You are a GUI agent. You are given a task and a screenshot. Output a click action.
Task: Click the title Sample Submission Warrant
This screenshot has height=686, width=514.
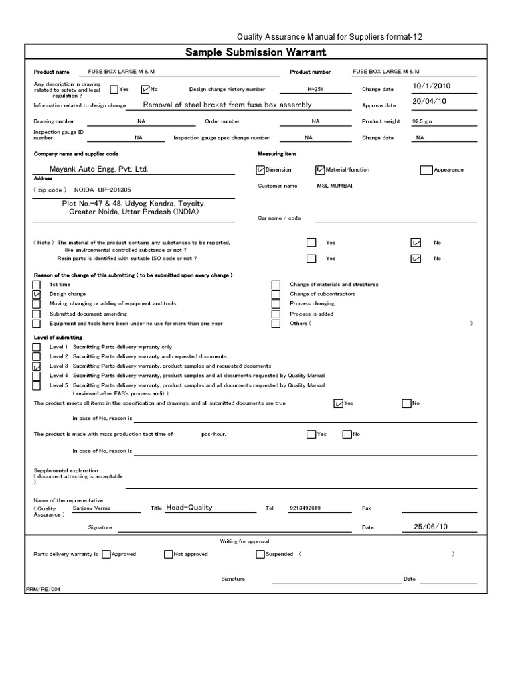[x=255, y=53]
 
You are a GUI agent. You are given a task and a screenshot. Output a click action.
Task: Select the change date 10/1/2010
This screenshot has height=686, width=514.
[x=433, y=86]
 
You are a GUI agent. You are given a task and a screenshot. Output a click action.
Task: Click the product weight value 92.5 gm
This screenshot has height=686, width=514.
[x=423, y=121]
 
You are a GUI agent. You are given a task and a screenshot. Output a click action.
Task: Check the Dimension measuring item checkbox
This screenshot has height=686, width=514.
[x=260, y=170]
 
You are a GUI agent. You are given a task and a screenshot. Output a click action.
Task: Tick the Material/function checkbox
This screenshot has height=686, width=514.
[x=320, y=170]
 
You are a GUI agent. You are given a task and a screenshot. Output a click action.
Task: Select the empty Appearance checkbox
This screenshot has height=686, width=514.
[x=426, y=170]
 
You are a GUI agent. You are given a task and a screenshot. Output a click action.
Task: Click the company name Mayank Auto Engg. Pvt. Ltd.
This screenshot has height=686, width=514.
[x=98, y=169]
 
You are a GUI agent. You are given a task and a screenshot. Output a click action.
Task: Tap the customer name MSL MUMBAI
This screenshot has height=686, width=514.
[x=335, y=186]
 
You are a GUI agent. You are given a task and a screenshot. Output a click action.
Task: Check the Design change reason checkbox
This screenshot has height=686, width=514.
[x=37, y=294]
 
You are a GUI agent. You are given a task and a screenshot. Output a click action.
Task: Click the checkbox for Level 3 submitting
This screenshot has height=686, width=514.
[x=37, y=366]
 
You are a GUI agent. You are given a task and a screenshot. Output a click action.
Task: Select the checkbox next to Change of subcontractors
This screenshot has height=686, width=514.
[x=276, y=294]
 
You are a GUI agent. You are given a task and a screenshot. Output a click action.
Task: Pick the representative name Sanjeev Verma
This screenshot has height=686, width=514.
[x=92, y=508]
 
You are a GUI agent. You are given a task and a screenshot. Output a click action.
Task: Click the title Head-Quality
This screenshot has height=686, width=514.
[x=189, y=508]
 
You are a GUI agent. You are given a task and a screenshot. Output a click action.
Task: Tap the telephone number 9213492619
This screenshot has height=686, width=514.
[x=305, y=508]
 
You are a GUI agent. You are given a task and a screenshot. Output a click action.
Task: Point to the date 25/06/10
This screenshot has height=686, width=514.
[x=430, y=527]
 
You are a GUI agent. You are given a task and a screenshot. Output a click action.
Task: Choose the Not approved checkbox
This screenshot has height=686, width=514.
[x=168, y=554]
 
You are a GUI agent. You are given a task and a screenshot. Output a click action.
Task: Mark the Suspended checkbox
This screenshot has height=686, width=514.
[x=260, y=554]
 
